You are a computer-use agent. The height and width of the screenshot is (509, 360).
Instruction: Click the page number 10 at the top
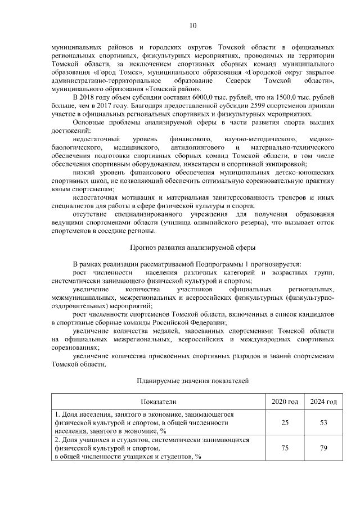click(x=192, y=25)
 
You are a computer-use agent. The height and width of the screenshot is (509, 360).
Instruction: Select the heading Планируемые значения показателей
click(x=192, y=381)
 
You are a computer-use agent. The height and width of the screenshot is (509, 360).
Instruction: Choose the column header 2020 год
click(x=285, y=402)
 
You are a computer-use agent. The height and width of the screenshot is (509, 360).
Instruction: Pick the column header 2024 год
click(x=323, y=402)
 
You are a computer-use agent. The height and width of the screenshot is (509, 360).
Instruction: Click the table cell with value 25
click(x=285, y=422)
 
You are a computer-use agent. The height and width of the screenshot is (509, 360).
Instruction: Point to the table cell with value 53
click(x=323, y=422)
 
